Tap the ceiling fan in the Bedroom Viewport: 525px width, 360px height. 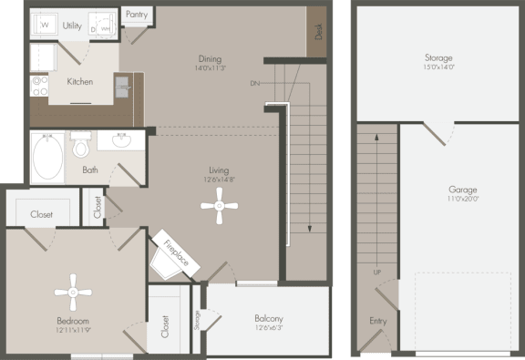click(x=73, y=293)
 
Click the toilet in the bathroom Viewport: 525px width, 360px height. click(x=80, y=146)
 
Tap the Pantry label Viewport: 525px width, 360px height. click(x=137, y=15)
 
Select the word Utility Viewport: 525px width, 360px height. click(x=73, y=26)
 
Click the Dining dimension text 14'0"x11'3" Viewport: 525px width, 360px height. click(x=211, y=67)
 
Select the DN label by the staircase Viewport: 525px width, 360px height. click(x=255, y=83)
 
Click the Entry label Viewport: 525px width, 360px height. click(x=377, y=321)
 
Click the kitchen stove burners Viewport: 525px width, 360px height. click(x=39, y=85)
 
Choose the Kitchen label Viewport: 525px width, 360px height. click(x=80, y=81)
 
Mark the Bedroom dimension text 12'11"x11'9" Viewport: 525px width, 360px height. click(x=73, y=331)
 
